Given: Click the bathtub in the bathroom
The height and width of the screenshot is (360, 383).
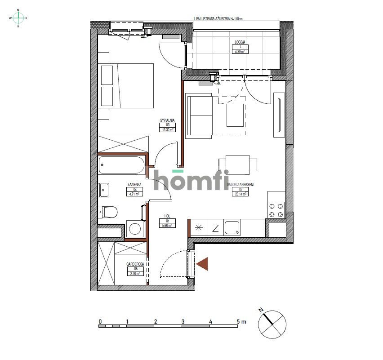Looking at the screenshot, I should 122,165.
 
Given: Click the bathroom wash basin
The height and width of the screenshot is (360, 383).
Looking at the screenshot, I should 104,190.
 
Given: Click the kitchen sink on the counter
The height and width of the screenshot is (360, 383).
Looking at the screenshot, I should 232,228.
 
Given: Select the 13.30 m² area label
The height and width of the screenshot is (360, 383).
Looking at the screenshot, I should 167,129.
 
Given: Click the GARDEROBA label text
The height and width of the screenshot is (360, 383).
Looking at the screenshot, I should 135,264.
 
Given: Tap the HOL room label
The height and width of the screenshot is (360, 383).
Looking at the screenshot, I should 167,216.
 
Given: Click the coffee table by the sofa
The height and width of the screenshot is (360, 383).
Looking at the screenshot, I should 235,115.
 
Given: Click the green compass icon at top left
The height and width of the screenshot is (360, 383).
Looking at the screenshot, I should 18,18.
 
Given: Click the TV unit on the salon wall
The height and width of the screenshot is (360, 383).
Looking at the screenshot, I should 279,115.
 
